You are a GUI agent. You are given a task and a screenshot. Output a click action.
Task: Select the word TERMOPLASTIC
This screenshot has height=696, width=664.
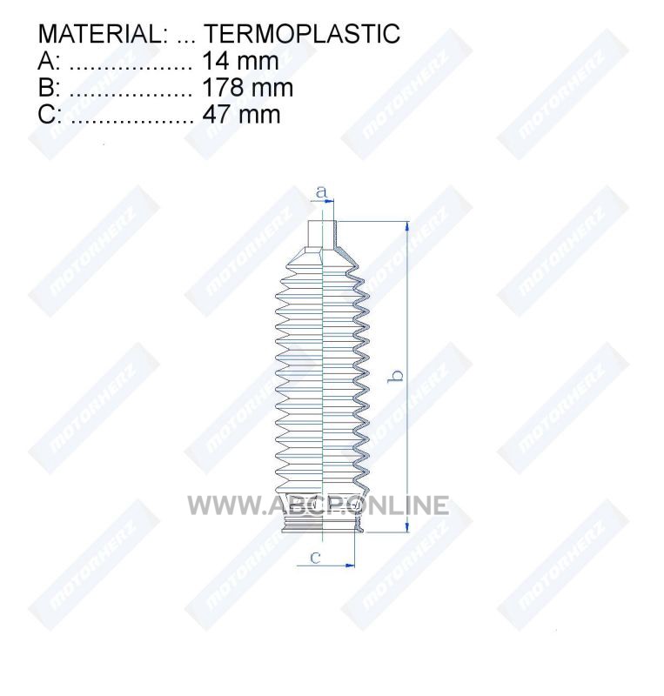302,33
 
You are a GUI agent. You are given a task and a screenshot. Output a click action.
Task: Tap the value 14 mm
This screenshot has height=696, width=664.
240,61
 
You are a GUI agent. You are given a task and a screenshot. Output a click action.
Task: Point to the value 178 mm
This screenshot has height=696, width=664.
247,88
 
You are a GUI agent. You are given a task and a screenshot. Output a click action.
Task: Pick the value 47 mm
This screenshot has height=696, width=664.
241,114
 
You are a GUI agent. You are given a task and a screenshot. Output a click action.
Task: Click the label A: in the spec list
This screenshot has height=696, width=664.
49,61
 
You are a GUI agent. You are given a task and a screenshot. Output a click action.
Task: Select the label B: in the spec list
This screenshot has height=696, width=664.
49,88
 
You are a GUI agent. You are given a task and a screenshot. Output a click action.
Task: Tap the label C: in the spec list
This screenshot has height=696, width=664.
50,114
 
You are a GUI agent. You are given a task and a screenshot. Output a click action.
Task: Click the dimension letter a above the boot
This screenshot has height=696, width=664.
322,192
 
